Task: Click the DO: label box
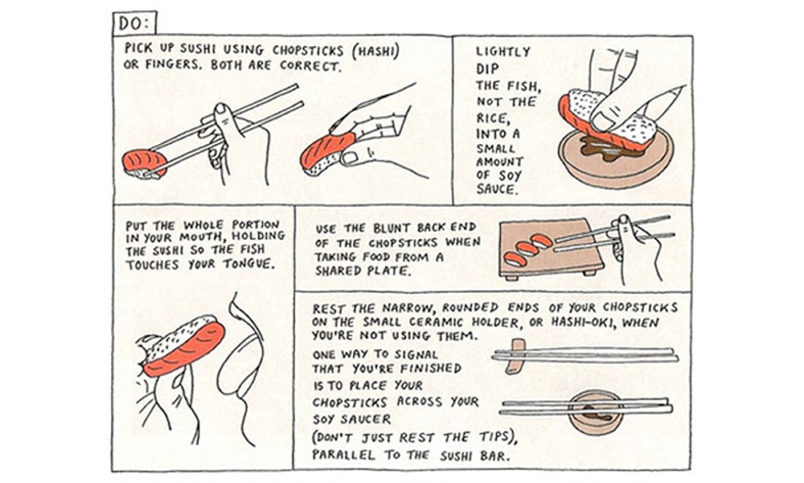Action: tap(135, 23)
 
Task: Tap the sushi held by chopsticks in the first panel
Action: tap(145, 163)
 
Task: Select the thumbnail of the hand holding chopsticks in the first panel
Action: tap(221, 109)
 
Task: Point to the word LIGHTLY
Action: tap(503, 52)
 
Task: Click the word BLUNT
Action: tap(393, 228)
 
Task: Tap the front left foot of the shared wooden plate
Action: tap(509, 278)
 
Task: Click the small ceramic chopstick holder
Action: tap(515, 355)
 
